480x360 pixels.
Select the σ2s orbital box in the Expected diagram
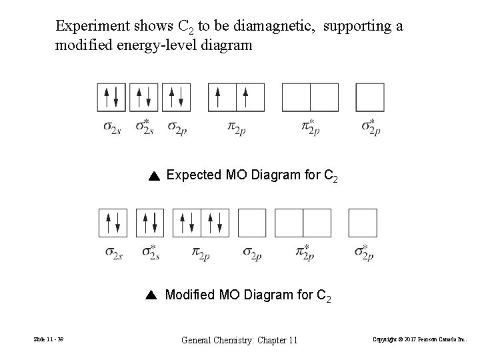point(111,97)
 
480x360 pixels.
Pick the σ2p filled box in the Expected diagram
point(176,97)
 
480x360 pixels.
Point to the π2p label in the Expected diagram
point(237,127)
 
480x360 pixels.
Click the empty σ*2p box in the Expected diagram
point(370,97)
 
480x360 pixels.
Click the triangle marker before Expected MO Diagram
point(153,176)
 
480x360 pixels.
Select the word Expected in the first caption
point(194,175)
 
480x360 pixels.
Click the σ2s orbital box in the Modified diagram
point(113,223)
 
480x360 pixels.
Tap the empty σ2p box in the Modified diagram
point(251,223)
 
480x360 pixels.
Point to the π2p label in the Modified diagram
point(201,253)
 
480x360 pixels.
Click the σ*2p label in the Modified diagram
point(363,253)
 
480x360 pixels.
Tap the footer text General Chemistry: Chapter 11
point(240,341)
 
